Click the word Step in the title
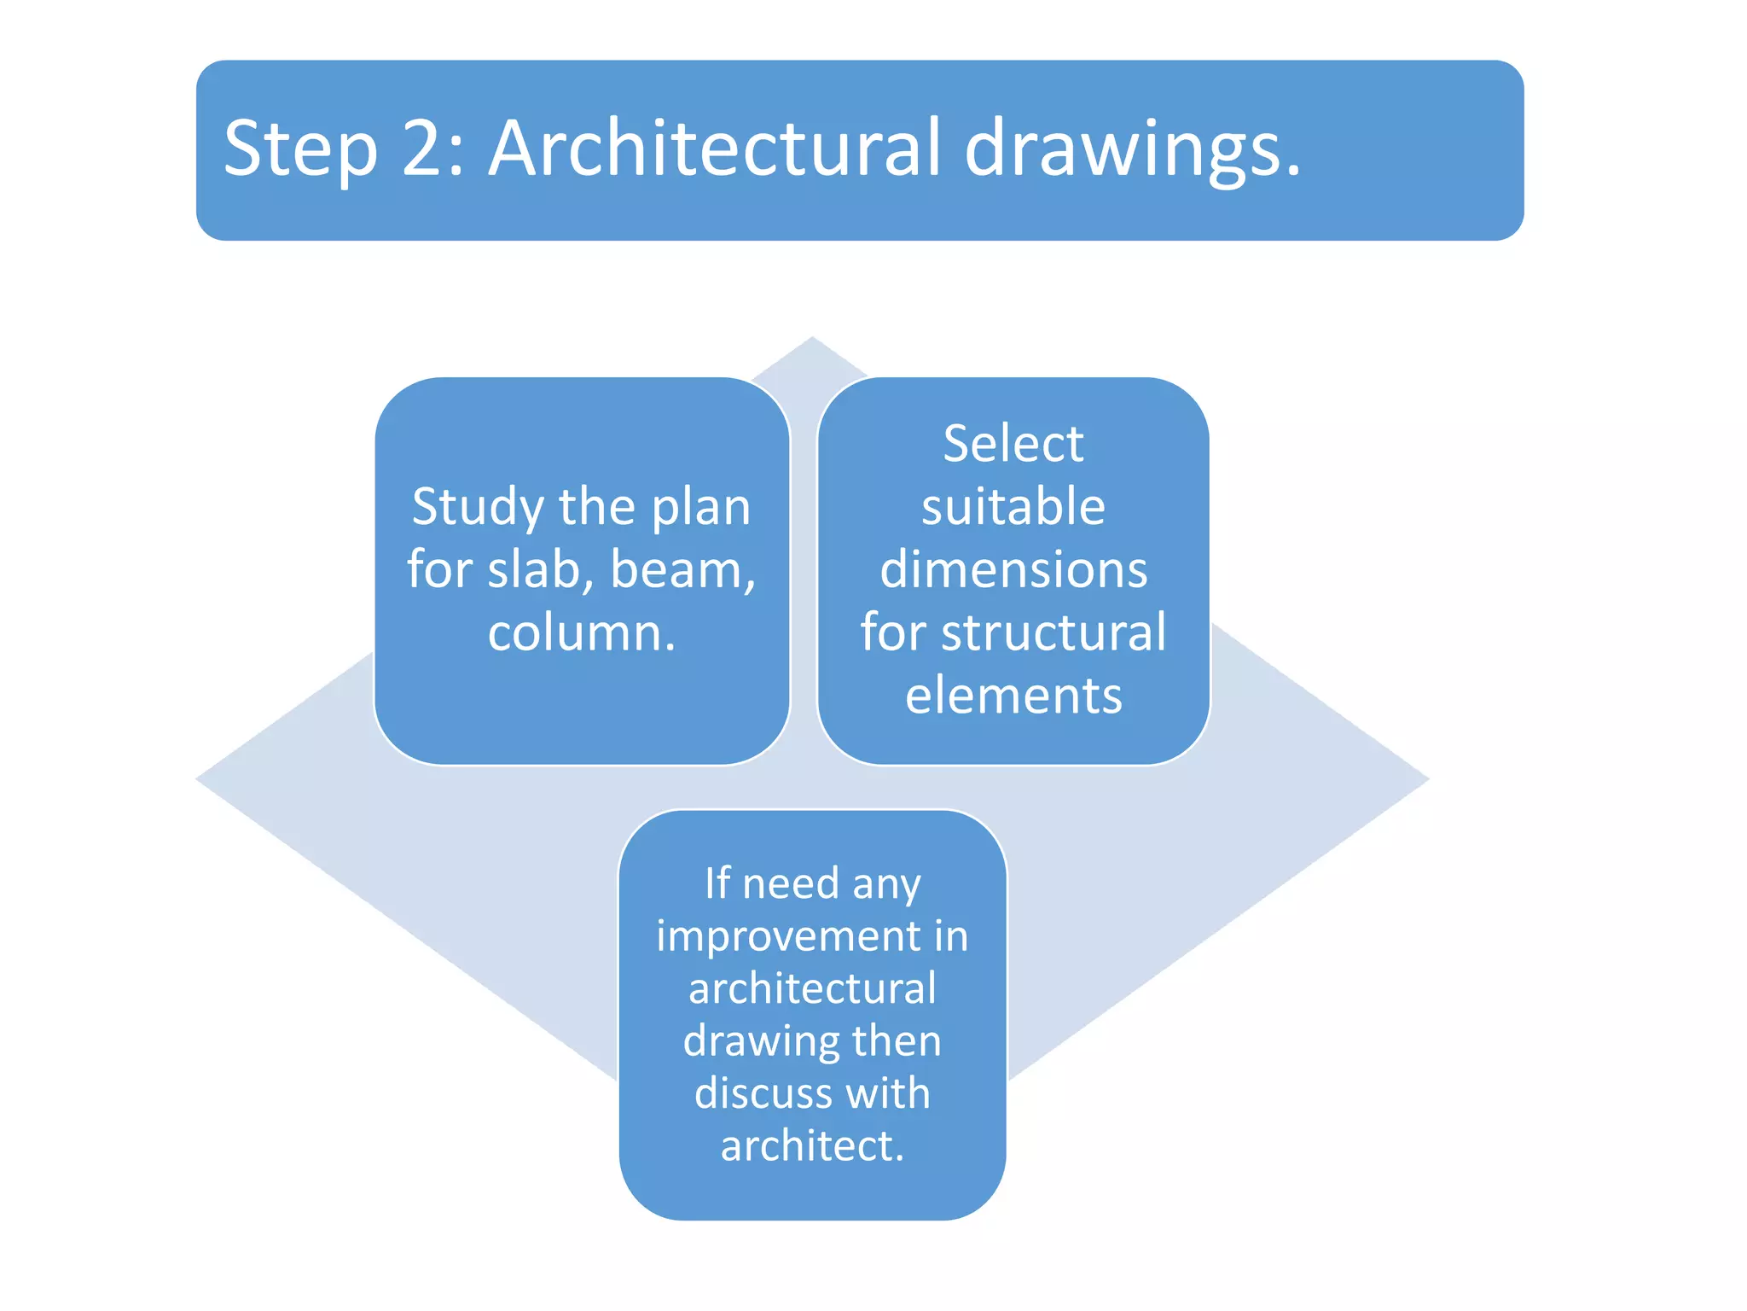tap(300, 149)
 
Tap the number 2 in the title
tap(424, 149)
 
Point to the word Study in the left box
tap(478, 508)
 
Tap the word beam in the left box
tap(679, 569)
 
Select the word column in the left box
tap(573, 633)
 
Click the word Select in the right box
tap(1013, 444)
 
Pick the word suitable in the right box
tap(1013, 507)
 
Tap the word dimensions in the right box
tap(1013, 569)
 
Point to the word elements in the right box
tap(1013, 696)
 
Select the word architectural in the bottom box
tap(812, 988)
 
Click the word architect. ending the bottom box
tap(811, 1145)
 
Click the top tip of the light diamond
tap(812, 339)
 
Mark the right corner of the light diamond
tap(1426, 778)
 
